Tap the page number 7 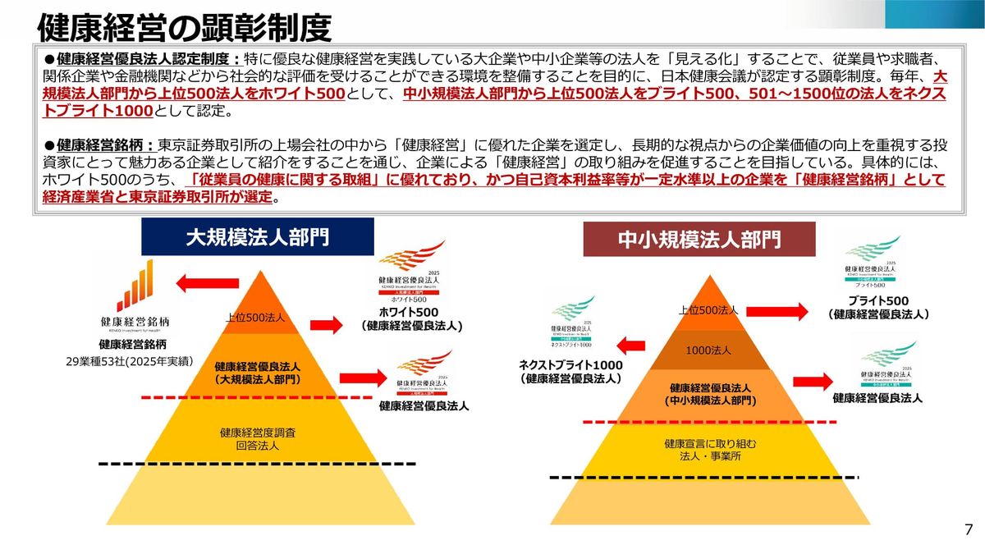point(969,529)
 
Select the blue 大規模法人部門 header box point(257,237)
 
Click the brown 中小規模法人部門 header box point(699,240)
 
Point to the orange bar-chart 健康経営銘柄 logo point(135,286)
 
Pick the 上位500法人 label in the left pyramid point(256,318)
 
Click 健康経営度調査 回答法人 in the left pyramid point(258,438)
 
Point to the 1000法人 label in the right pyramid point(708,350)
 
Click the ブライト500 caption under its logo point(878,307)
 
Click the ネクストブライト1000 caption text point(570,372)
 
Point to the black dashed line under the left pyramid point(257,465)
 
